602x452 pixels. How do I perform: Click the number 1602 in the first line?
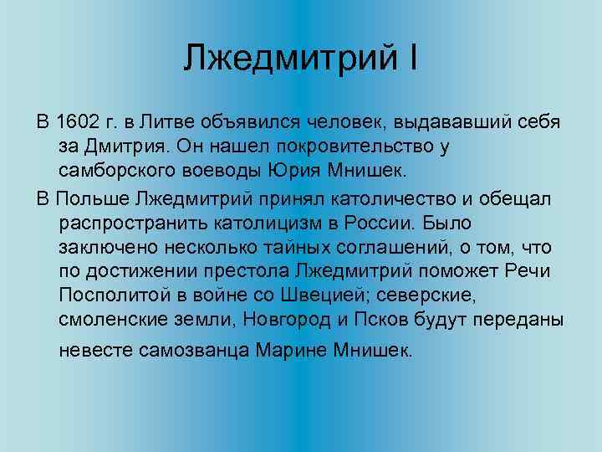[82, 124]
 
